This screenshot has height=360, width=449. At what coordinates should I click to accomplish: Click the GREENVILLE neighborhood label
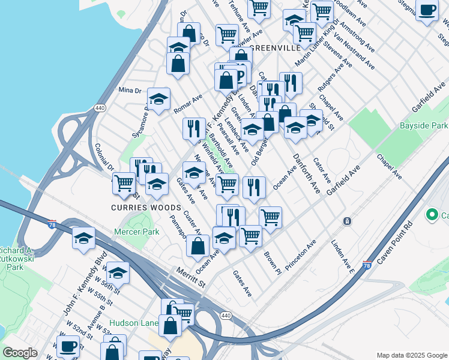click(275, 47)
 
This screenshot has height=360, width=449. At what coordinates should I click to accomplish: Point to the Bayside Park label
click(424, 126)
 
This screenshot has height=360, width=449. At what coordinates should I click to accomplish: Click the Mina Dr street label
click(129, 90)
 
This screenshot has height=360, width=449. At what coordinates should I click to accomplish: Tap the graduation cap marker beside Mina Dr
click(158, 99)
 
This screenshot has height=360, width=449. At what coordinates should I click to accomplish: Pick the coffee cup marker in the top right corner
click(427, 10)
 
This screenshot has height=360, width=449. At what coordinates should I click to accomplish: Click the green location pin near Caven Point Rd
click(431, 214)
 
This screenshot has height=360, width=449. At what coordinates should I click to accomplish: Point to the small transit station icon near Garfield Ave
click(347, 221)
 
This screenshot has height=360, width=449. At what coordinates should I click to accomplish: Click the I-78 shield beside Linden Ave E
click(366, 265)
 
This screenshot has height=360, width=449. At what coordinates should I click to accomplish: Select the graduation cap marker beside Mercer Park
click(83, 238)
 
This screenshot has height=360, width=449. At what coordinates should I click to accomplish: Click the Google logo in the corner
click(20, 353)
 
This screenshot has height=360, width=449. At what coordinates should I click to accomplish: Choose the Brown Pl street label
click(273, 262)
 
